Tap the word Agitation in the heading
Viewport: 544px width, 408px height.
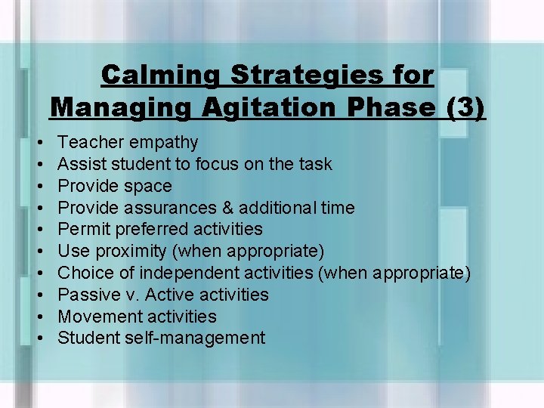point(272,107)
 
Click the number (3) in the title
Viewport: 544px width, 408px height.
point(465,107)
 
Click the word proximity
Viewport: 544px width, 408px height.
point(126,251)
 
